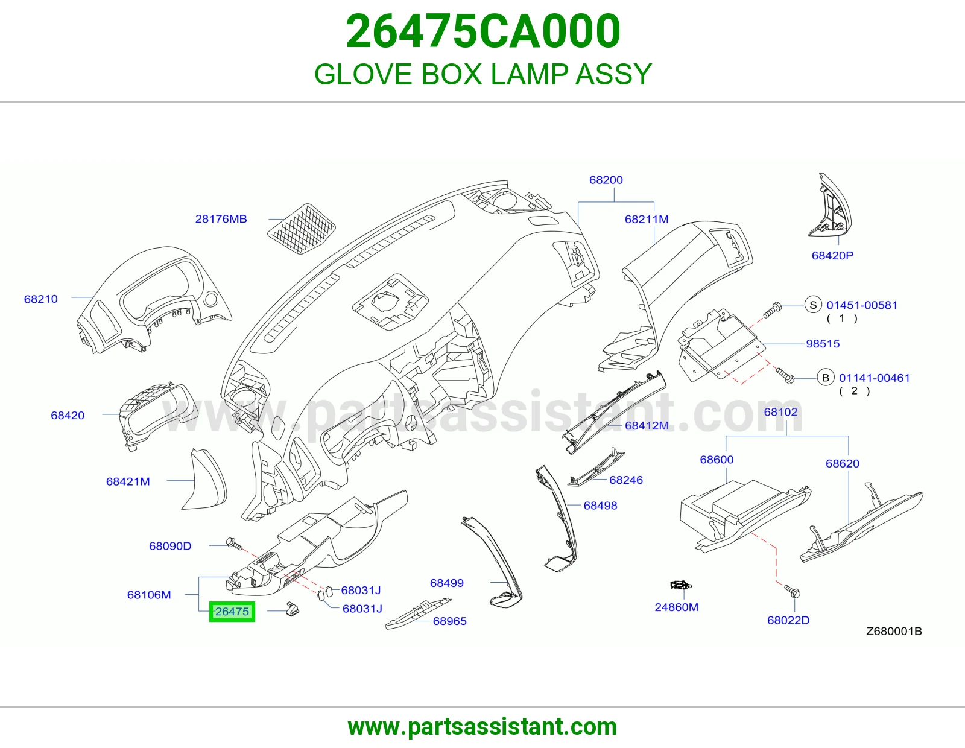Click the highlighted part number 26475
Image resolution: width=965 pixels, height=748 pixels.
pos(232,612)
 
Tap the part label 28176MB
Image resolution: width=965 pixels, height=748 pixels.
pos(221,218)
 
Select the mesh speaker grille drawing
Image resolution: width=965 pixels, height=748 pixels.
pos(302,228)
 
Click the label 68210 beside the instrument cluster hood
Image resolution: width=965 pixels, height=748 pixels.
pos(41,299)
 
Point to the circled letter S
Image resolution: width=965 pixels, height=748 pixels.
pos(813,305)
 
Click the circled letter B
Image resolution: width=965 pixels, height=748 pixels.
pos(826,378)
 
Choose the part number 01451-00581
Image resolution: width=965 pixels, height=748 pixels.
pos(862,305)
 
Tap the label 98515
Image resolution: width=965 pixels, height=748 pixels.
pos(823,343)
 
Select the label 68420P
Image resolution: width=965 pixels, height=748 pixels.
pos(833,255)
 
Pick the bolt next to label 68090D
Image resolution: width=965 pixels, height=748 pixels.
pos(234,544)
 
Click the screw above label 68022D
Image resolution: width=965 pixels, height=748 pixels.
pos(793,591)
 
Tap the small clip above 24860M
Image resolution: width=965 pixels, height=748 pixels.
pos(680,585)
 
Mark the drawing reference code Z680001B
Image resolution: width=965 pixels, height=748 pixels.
pos(894,631)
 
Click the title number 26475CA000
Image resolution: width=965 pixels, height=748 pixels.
pos(483,31)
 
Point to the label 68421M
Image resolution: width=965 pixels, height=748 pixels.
pos(128,481)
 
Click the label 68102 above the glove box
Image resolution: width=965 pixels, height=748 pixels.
pos(780,412)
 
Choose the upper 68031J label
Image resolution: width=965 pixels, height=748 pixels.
pos(361,591)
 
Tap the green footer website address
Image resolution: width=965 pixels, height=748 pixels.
pos(482,727)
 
